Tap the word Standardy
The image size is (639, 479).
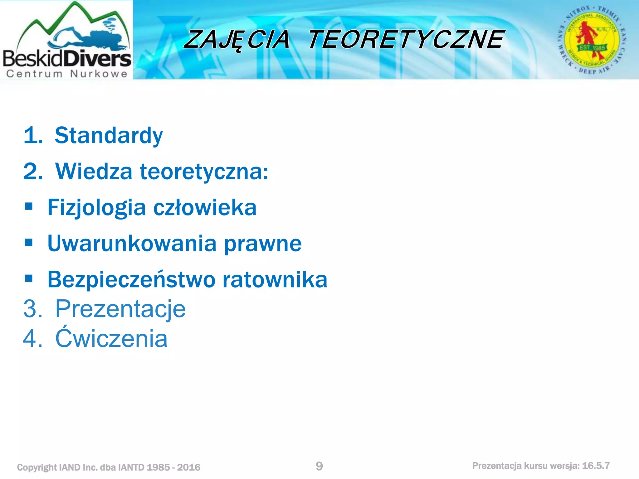[x=109, y=136]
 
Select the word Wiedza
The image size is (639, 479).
[x=94, y=172]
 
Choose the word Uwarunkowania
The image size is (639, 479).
[x=132, y=244]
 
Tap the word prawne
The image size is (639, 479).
[x=263, y=244]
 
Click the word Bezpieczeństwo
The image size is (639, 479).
[x=131, y=279]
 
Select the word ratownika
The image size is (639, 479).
[x=275, y=279]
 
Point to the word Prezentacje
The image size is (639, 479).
[x=120, y=309]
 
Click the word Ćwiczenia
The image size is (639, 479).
[x=111, y=338]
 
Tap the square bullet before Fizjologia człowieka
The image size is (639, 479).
[x=29, y=206]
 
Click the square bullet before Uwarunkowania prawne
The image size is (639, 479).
[x=29, y=242]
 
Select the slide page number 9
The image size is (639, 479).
[x=319, y=466]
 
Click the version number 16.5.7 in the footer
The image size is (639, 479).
[x=596, y=466]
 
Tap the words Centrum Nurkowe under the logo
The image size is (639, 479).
[x=67, y=74]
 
